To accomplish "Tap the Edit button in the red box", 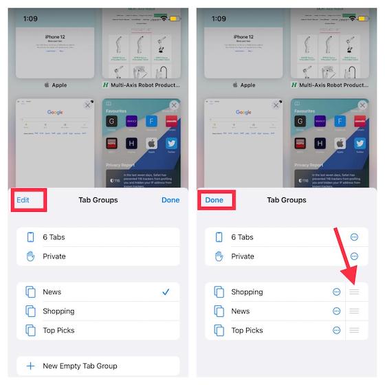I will point(23,200).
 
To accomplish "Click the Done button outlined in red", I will point(214,200).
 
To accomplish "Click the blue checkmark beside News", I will point(166,292).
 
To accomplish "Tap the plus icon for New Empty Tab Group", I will point(30,366).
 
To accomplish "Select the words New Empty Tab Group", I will point(80,366).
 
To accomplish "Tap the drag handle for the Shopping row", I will point(354,292).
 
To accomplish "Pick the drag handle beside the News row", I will point(354,311).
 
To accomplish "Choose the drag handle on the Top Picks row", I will point(354,331).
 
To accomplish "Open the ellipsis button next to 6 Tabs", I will point(354,237).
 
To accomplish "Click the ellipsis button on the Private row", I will point(354,256).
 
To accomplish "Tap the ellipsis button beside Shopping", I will point(336,292).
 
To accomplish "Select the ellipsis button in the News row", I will point(336,311).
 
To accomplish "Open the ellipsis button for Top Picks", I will point(336,331).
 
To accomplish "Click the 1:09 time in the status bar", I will point(30,19).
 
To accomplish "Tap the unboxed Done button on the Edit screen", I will point(170,200).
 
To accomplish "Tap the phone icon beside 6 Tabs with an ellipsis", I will point(219,237).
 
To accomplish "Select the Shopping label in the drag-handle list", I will point(247,292).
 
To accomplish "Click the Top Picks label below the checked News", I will point(58,331).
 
